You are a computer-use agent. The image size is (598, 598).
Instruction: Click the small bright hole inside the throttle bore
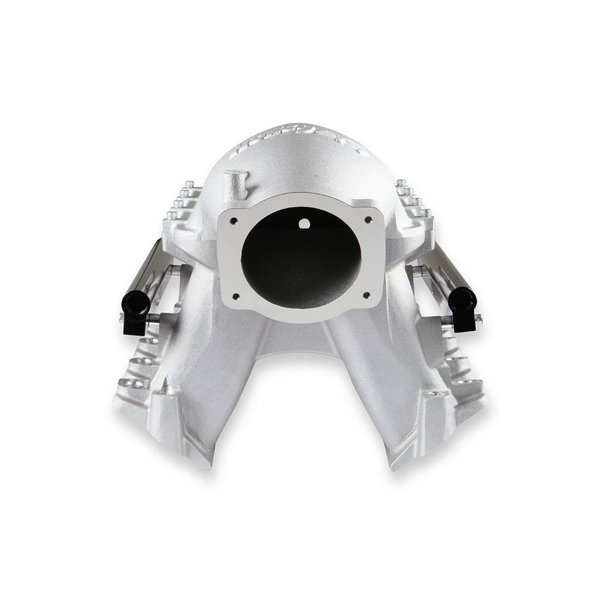tap(304, 223)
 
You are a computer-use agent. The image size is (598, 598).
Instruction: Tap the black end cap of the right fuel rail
tap(463, 300)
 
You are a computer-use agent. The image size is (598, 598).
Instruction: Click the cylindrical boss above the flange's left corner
tap(237, 183)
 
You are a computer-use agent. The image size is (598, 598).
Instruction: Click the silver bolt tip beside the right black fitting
tap(478, 320)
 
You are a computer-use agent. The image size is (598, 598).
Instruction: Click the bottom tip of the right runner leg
tap(395, 465)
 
